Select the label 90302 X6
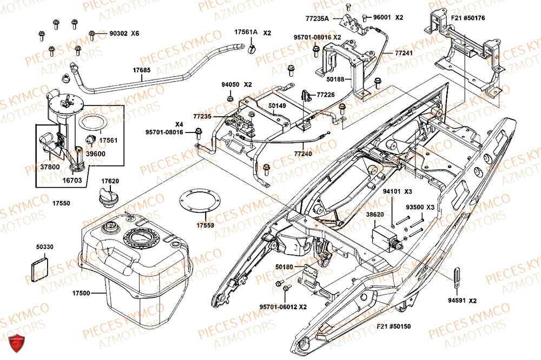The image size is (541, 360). coord(124,34)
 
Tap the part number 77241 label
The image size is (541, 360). coord(404,54)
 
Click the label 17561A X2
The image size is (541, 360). coord(253,32)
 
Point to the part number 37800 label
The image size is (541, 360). coord(50,167)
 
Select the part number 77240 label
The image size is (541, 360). coord(304,154)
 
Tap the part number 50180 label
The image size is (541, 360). coord(284,267)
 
